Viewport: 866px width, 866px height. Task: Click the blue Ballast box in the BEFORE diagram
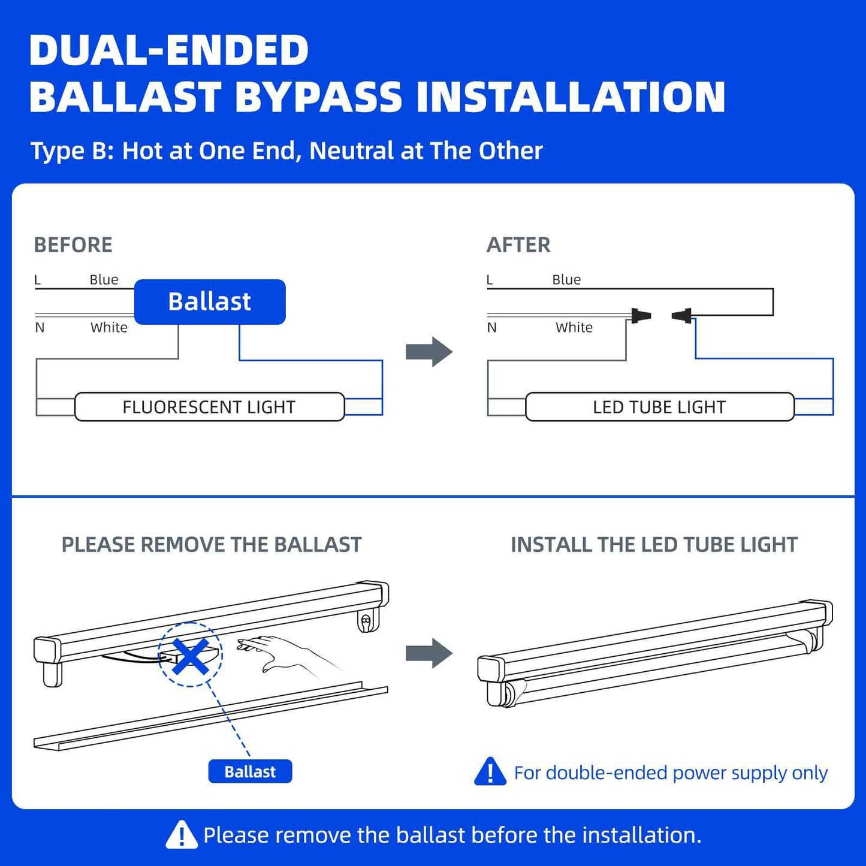click(x=210, y=302)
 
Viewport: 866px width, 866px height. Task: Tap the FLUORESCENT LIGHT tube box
click(x=209, y=408)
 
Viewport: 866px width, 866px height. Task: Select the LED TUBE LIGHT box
click(x=659, y=408)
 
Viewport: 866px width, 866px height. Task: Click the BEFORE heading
click(x=73, y=245)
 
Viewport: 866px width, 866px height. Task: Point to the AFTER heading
click(x=518, y=245)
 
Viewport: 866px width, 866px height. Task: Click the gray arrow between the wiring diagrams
click(x=429, y=352)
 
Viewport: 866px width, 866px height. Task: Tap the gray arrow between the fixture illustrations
click(x=429, y=653)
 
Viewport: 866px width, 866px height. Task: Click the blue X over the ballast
click(x=190, y=656)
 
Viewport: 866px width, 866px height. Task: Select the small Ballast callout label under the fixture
click(x=250, y=772)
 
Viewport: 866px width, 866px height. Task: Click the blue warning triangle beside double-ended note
click(x=490, y=772)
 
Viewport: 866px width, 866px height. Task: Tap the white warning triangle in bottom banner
click(x=182, y=835)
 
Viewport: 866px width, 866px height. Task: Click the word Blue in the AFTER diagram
click(x=566, y=280)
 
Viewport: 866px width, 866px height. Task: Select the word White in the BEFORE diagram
click(x=109, y=328)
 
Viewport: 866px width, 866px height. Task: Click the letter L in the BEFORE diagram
click(x=38, y=280)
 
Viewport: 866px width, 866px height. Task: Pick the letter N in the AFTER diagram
click(x=492, y=328)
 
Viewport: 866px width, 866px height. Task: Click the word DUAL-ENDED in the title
click(x=169, y=50)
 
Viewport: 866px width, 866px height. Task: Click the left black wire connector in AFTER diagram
click(x=641, y=315)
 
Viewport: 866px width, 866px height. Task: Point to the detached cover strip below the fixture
click(x=210, y=716)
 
